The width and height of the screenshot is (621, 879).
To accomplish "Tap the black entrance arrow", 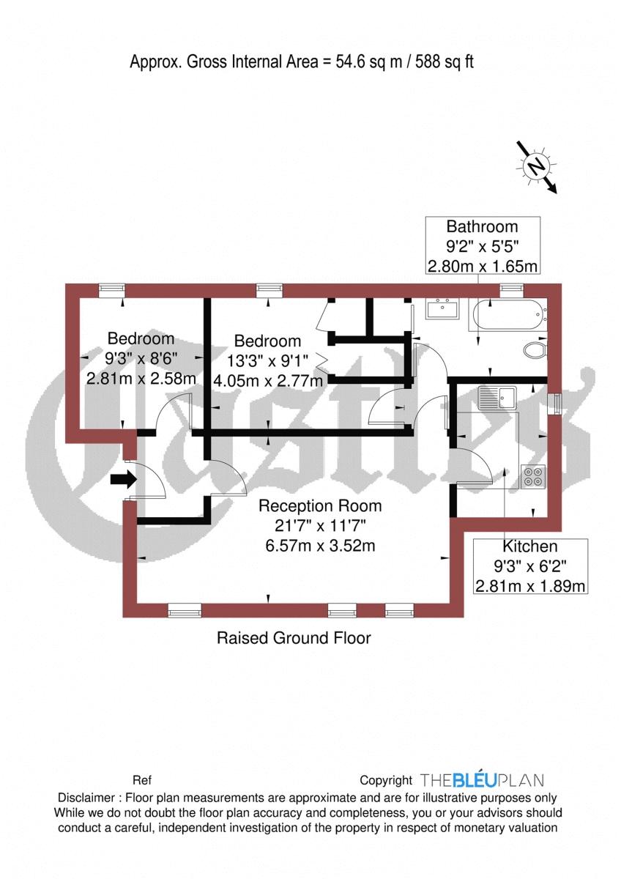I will coord(123,481).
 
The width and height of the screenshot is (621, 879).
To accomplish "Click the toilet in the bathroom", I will coord(536,350).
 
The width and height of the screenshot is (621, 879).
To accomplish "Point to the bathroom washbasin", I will coord(442,310).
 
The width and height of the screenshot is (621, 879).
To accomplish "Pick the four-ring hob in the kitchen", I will coord(532,477).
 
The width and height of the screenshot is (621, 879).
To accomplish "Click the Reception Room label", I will coord(320,505).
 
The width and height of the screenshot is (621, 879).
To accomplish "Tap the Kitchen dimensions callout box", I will coord(531,566).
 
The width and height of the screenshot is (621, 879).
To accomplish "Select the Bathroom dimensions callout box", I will coord(483,245).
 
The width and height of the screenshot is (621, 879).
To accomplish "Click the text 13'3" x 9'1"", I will coord(268,360).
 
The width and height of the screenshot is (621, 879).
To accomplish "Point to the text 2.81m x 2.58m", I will coord(141,379).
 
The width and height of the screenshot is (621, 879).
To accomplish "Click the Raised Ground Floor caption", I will coord(294,638).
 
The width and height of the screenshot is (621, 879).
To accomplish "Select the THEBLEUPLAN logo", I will coord(482,780).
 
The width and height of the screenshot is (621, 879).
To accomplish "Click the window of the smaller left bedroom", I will coord(111,290).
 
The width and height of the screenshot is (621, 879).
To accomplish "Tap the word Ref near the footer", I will coord(141,781).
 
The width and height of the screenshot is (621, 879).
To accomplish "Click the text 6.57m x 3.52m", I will coord(320,546).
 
